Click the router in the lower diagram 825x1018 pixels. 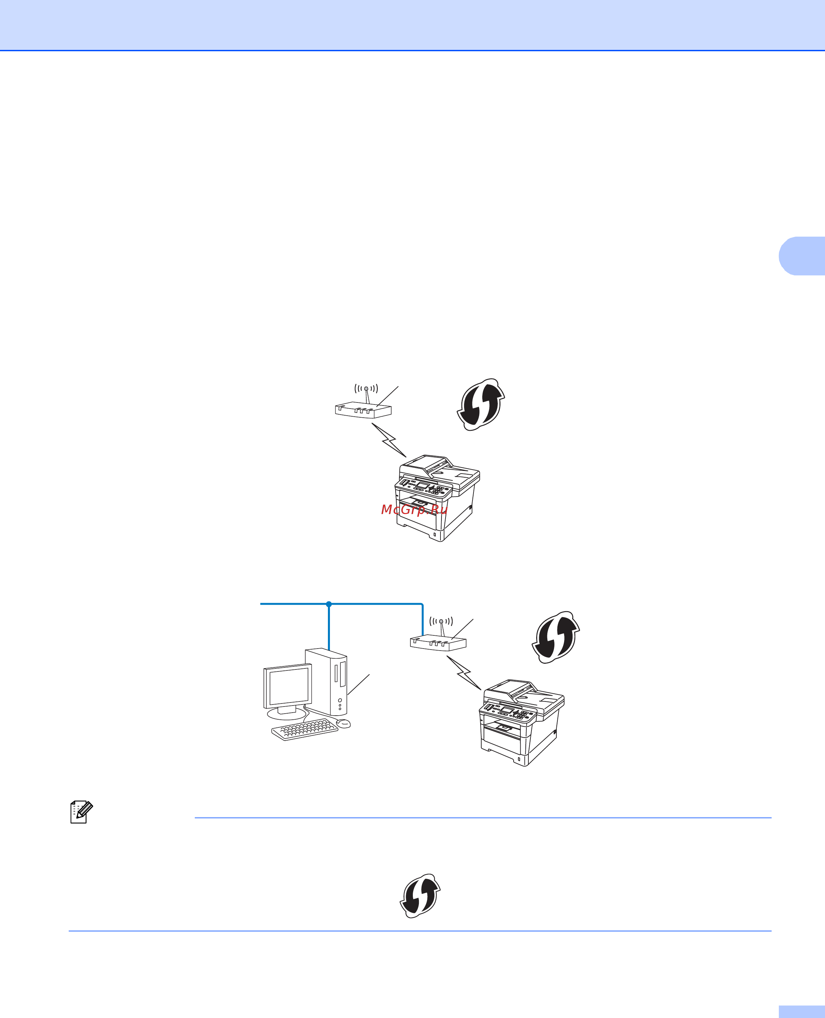438,643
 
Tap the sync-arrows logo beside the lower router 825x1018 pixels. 555,637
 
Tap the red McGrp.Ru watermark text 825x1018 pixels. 414,509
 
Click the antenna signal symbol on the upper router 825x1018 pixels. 366,389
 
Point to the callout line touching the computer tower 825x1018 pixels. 359,684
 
